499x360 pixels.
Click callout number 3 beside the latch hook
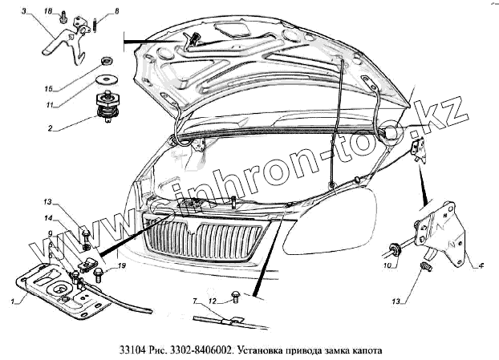pos(25,10)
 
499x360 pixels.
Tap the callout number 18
pos(47,10)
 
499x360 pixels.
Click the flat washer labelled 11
pos(103,82)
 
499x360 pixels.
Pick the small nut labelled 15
pos(105,62)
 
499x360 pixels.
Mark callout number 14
pos(47,218)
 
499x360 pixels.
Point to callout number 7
pos(194,301)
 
